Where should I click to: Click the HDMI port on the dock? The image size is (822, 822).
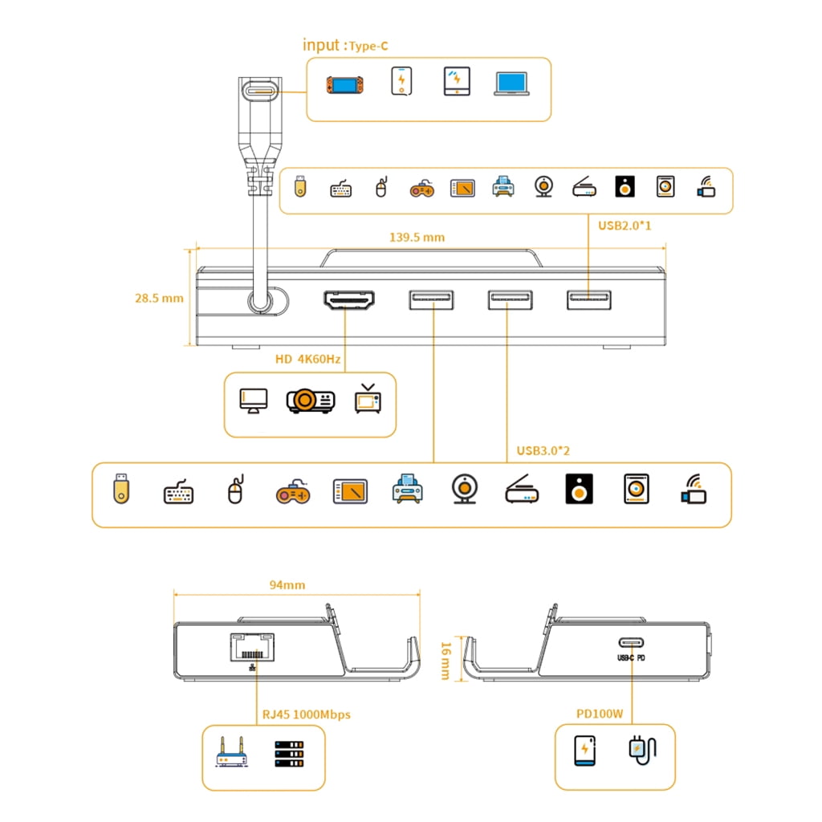[x=349, y=300]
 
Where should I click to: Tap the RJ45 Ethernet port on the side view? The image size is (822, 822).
[x=253, y=647]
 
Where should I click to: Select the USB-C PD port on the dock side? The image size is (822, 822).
[x=631, y=642]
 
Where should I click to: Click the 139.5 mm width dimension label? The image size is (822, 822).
[x=417, y=238]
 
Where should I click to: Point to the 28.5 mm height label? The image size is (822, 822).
[x=160, y=299]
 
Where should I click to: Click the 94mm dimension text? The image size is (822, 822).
[x=287, y=585]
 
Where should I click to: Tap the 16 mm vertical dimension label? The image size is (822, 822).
[x=446, y=661]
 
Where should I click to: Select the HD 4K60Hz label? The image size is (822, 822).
[x=307, y=359]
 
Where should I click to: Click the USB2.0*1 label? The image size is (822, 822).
[x=625, y=226]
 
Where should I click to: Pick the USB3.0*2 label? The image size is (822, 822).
[x=543, y=451]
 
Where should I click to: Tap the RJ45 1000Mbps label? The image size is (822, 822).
[x=306, y=714]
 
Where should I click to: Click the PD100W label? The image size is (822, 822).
[x=600, y=714]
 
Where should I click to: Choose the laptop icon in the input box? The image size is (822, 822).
[x=511, y=83]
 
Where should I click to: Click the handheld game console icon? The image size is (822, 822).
[x=344, y=85]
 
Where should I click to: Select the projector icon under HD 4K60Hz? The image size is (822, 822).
[x=311, y=401]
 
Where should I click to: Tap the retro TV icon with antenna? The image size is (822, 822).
[x=368, y=399]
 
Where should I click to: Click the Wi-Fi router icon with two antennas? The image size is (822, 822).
[x=231, y=752]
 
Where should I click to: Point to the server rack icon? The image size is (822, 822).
[x=289, y=754]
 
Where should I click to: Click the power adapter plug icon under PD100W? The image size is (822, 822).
[x=642, y=751]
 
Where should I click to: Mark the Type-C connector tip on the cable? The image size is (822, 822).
[x=260, y=91]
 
